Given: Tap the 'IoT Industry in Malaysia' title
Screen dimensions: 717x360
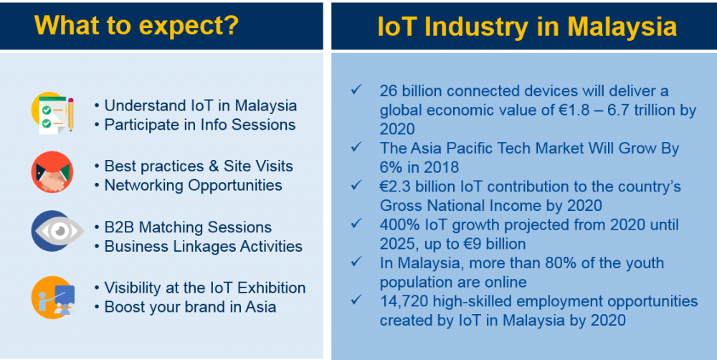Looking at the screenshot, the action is tap(527, 27).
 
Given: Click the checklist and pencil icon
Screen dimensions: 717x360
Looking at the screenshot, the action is tap(52, 113).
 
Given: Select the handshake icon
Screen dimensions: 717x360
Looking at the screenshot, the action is tap(52, 172).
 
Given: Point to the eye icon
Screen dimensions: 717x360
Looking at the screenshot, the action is tap(57, 231).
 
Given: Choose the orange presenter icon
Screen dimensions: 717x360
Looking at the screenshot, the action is tap(53, 298).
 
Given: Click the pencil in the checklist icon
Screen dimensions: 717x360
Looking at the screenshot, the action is tap(70, 114).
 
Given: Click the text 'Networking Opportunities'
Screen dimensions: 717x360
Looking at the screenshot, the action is tap(193, 185).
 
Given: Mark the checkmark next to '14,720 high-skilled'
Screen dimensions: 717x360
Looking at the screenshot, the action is tap(356, 300).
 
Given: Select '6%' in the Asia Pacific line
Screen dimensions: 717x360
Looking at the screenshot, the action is tap(391, 167).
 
